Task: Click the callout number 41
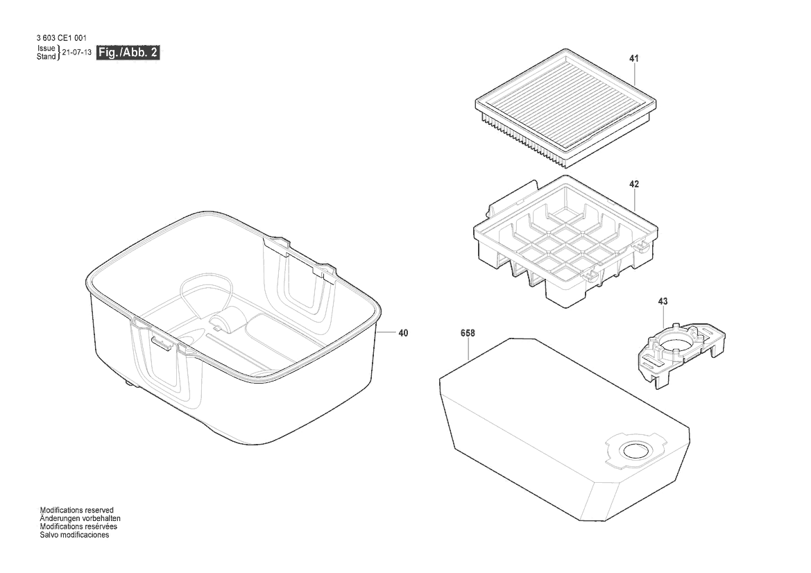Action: pos(633,59)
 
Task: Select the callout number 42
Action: pos(633,184)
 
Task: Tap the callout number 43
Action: pos(663,302)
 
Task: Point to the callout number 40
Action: pos(403,333)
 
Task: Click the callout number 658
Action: pos(468,334)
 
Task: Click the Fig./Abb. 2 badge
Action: pos(128,52)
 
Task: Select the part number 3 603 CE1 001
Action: pos(62,38)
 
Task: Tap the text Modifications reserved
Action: pos(76,510)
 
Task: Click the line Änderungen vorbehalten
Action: pos(80,518)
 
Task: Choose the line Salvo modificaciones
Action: pos(74,535)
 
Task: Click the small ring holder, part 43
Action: pos(680,354)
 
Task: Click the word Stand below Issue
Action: pos(46,56)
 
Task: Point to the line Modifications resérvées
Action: pos(78,527)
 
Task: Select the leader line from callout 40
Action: pos(387,332)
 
